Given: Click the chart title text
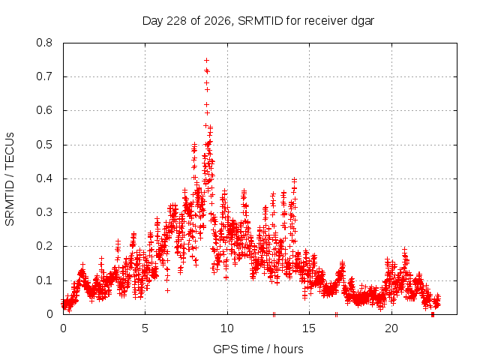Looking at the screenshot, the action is pyautogui.click(x=258, y=21).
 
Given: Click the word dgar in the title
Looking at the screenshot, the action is pyautogui.click(x=362, y=21).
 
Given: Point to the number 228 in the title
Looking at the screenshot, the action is pyautogui.click(x=176, y=21).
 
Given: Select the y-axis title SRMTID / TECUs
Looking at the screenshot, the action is pyautogui.click(x=10, y=179).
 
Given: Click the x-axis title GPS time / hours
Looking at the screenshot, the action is pyautogui.click(x=258, y=349).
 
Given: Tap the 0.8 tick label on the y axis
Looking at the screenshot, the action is pyautogui.click(x=44, y=43).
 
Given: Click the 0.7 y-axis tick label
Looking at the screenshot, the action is pyautogui.click(x=44, y=76).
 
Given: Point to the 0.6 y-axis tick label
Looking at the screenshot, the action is pyautogui.click(x=44, y=110).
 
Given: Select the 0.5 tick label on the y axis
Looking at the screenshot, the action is pyautogui.click(x=44, y=145).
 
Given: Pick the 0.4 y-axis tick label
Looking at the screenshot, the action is pyautogui.click(x=44, y=178).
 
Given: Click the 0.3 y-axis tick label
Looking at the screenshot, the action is pyautogui.click(x=44, y=212).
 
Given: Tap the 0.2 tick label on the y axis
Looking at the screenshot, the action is pyautogui.click(x=44, y=246).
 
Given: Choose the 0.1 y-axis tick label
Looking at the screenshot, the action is pyautogui.click(x=44, y=280).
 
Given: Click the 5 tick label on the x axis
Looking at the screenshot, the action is pyautogui.click(x=145, y=328).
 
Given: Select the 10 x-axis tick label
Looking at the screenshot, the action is pyautogui.click(x=227, y=328).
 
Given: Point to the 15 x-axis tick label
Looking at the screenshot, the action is pyautogui.click(x=309, y=328).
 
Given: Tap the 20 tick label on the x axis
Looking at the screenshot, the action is pyautogui.click(x=391, y=328).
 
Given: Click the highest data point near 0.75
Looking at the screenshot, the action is pyautogui.click(x=207, y=60).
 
